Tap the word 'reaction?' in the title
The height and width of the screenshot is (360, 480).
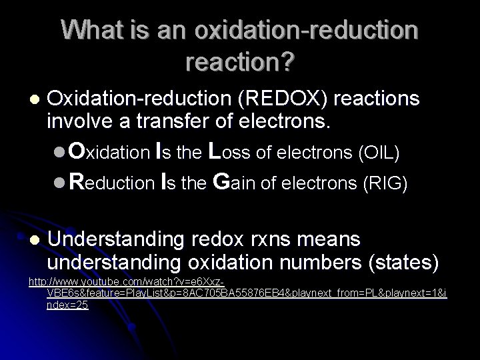[241, 63]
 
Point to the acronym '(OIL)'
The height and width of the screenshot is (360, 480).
[378, 153]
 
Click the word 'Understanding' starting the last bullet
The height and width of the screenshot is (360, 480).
[120, 239]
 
